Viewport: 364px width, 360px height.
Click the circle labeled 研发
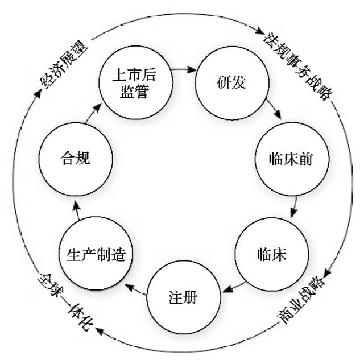pyautogui.click(x=231, y=83)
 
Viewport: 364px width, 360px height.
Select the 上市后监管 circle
pyautogui.click(x=134, y=83)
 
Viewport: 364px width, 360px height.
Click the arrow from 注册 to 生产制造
pyautogui.click(x=134, y=285)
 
